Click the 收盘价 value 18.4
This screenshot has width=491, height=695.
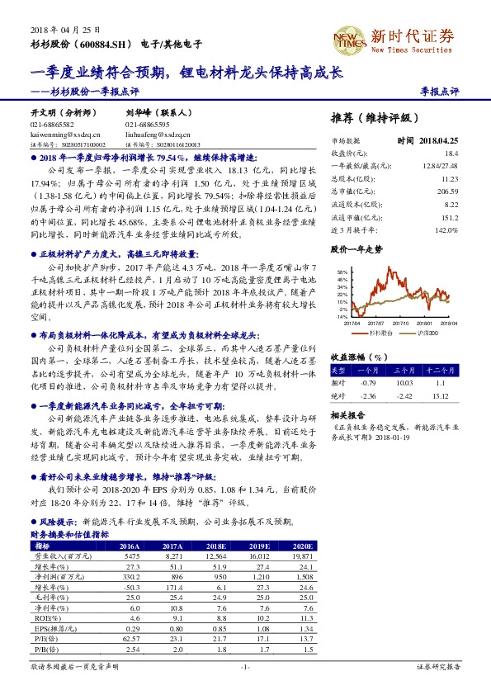pos(450,154)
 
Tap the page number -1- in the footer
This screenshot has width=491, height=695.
pos(244,665)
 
